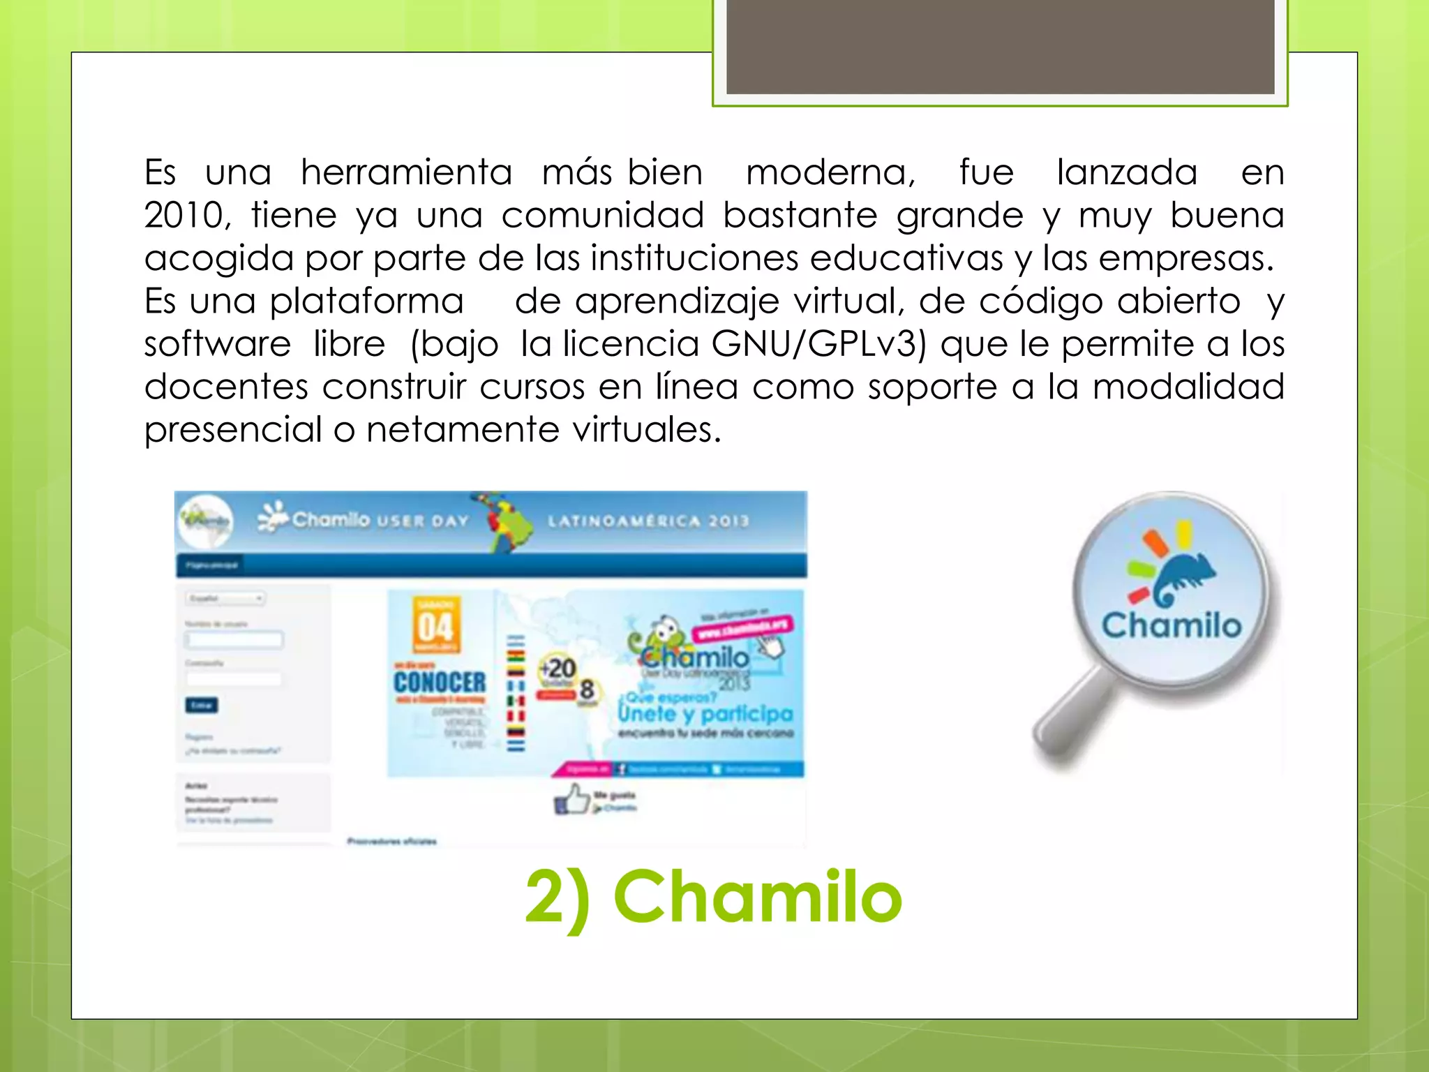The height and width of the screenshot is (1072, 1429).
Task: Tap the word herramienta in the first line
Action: pos(406,172)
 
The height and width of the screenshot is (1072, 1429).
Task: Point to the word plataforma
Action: pos(366,301)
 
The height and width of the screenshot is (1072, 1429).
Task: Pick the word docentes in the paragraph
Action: pos(226,387)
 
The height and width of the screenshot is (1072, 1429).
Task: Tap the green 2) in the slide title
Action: pos(558,898)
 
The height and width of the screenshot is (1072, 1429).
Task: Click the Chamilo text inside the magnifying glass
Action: pos(1172,625)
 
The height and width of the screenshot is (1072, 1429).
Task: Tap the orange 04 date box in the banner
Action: pos(436,625)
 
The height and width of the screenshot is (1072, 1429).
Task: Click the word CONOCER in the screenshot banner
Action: pos(440,682)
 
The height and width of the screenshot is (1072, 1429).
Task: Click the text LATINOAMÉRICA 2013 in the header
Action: pos(648,521)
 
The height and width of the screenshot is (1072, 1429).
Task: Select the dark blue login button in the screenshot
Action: pos(202,705)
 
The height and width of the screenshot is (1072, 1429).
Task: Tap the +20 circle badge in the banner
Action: pos(558,669)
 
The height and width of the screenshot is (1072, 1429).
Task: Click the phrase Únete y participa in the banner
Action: pos(705,713)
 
